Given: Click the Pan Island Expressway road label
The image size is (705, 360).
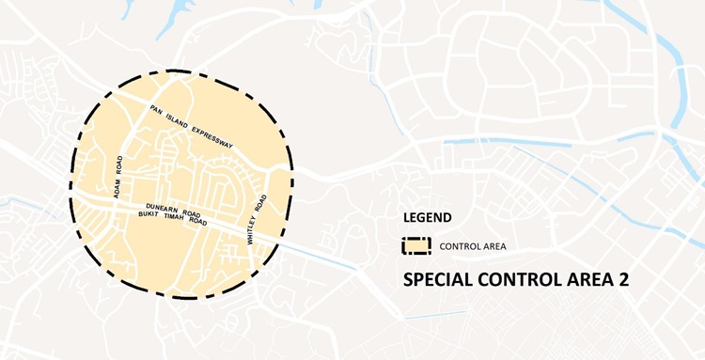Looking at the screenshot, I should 192,125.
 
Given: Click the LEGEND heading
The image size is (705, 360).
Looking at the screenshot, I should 427,217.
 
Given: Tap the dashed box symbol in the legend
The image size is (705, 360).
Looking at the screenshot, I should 416,246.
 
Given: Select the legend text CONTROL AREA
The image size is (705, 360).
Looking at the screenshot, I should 473,247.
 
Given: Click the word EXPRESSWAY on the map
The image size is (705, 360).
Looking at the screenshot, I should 211,135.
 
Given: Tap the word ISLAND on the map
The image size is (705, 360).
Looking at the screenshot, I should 176,117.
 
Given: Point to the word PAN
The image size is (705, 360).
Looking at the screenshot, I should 157,109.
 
